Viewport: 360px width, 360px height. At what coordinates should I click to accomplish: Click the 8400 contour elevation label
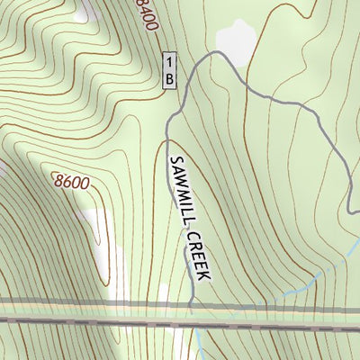coord(146,15)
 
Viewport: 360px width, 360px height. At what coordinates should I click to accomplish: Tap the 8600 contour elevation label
coord(71,182)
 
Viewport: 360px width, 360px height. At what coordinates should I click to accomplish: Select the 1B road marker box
coord(168,70)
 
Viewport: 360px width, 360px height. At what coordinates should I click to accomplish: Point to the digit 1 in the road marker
coord(168,62)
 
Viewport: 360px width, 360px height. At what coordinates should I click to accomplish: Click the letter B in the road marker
coord(168,78)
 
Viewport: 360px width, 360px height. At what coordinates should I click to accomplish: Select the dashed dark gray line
coord(180,321)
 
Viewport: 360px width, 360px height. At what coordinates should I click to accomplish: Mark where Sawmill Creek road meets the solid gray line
coord(192,307)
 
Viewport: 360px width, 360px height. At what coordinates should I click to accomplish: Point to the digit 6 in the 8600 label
coord(67,181)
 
